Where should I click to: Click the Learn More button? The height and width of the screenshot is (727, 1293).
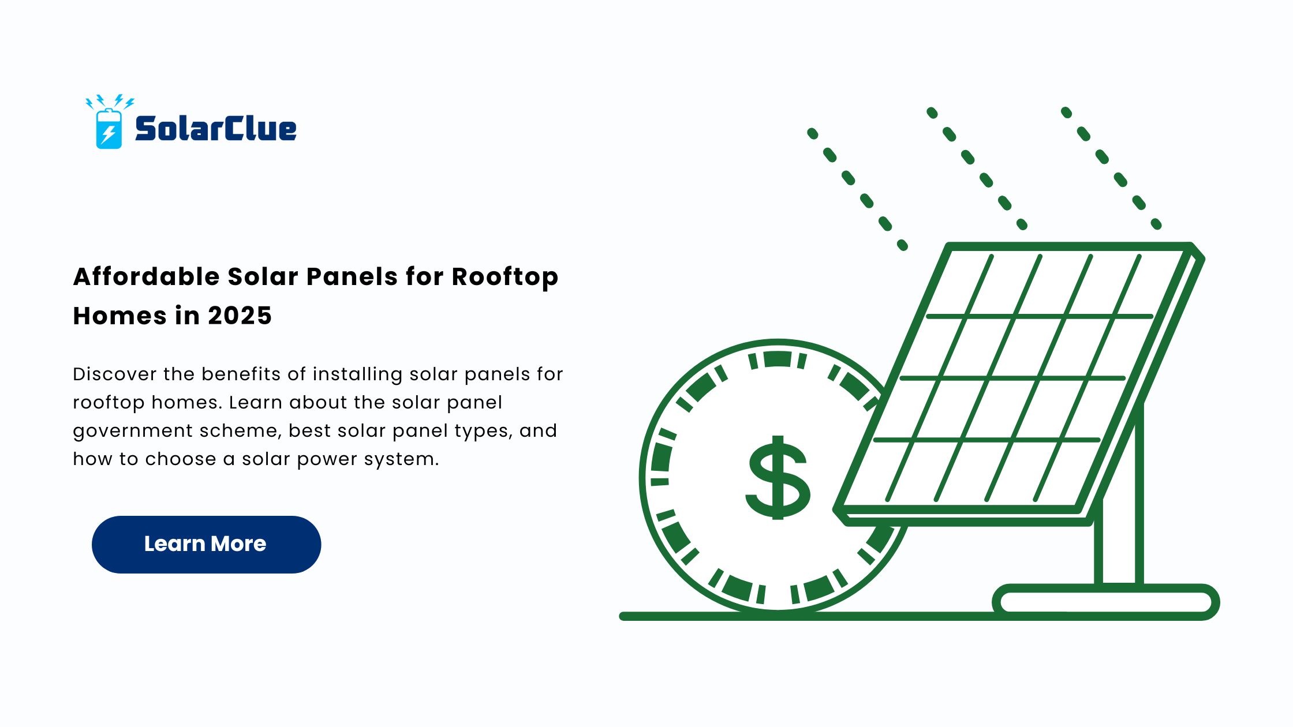(206, 544)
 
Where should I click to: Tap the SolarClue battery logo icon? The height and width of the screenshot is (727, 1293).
(109, 122)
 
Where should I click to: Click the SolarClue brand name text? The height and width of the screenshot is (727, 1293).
(216, 128)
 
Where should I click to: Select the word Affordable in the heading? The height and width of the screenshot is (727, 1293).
(146, 276)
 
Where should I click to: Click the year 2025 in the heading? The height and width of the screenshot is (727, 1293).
(240, 316)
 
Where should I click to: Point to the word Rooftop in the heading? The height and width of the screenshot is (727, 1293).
(505, 278)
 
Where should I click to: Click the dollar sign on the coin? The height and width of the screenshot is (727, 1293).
(778, 478)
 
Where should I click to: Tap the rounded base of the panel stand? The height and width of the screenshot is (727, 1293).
(1106, 602)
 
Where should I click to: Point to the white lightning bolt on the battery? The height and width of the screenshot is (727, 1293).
(108, 134)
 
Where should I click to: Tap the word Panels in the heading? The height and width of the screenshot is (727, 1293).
(352, 276)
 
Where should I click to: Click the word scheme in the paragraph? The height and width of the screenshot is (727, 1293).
(241, 431)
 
